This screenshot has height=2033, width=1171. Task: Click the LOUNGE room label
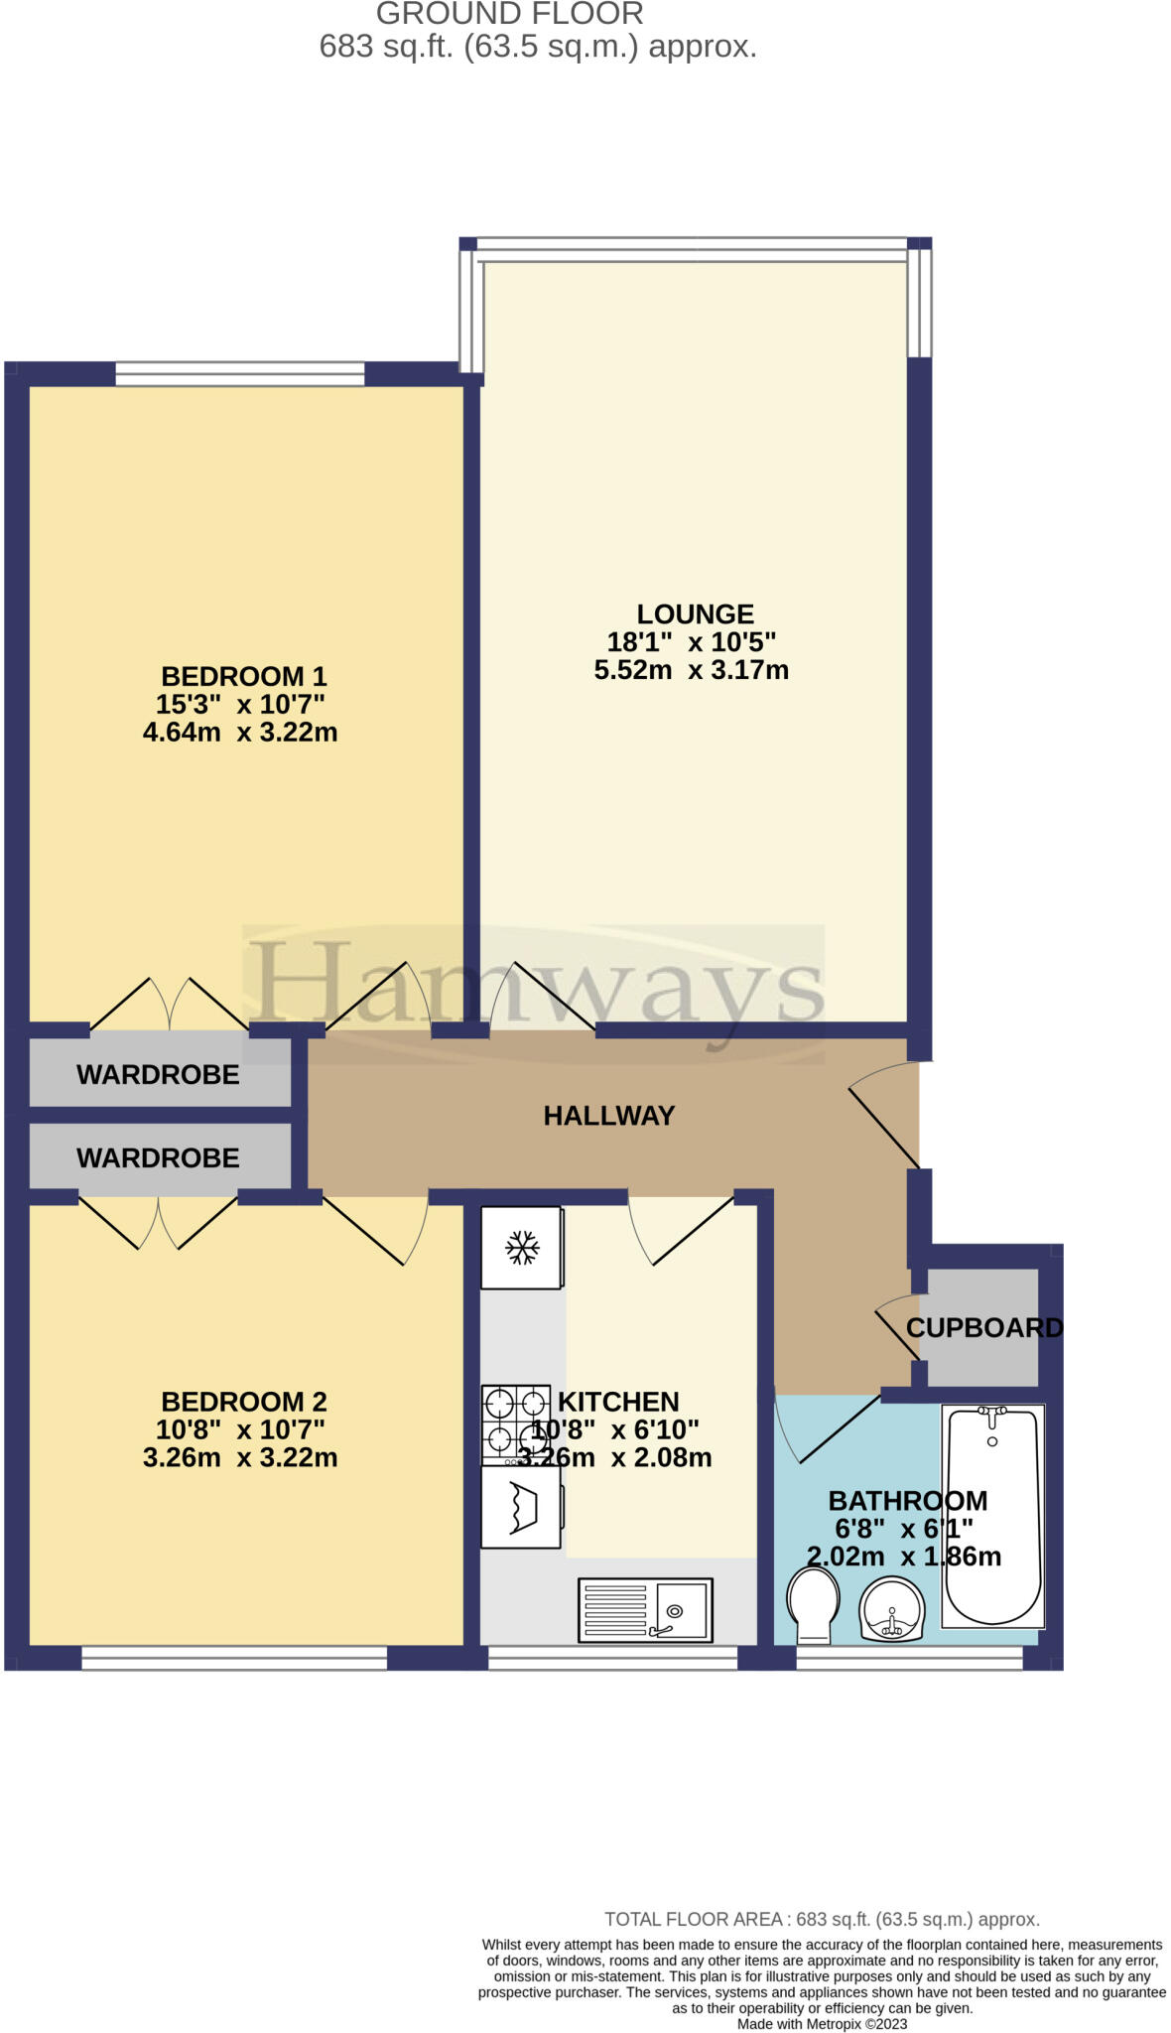pyautogui.click(x=695, y=614)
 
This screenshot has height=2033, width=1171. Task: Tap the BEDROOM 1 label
pyautogui.click(x=243, y=677)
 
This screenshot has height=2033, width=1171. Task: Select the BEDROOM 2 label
pyautogui.click(x=243, y=1402)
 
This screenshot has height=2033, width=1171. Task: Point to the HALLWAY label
pyautogui.click(x=608, y=1116)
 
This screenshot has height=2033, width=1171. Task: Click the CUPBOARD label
pyautogui.click(x=983, y=1327)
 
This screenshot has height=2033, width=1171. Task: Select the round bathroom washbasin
pyautogui.click(x=892, y=1609)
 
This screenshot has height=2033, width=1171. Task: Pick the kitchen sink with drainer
pyautogui.click(x=645, y=1609)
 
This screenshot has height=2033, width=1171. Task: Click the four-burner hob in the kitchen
pyautogui.click(x=516, y=1425)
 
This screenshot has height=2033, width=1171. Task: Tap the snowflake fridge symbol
pyautogui.click(x=522, y=1247)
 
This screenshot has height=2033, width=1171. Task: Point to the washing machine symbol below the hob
pyautogui.click(x=522, y=1507)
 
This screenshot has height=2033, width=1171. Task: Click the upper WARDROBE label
pyautogui.click(x=158, y=1075)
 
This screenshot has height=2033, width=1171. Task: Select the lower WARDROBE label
pyautogui.click(x=158, y=1158)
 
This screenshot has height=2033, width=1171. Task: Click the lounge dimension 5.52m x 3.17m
pyautogui.click(x=692, y=670)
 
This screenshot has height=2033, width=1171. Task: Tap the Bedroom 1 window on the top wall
pyautogui.click(x=240, y=373)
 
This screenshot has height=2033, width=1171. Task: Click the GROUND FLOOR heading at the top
pyautogui.click(x=510, y=14)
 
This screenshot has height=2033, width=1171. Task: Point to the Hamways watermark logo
pyautogui.click(x=534, y=993)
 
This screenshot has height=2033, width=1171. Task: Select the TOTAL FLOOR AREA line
pyautogui.click(x=822, y=1920)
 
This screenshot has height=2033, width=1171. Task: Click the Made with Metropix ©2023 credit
pyautogui.click(x=822, y=2023)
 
